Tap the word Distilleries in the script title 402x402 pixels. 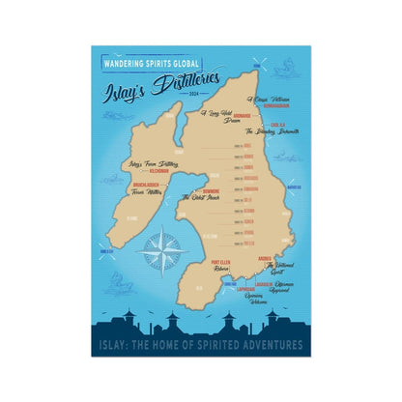(x=187, y=81)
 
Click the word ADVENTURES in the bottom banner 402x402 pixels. (x=273, y=345)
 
